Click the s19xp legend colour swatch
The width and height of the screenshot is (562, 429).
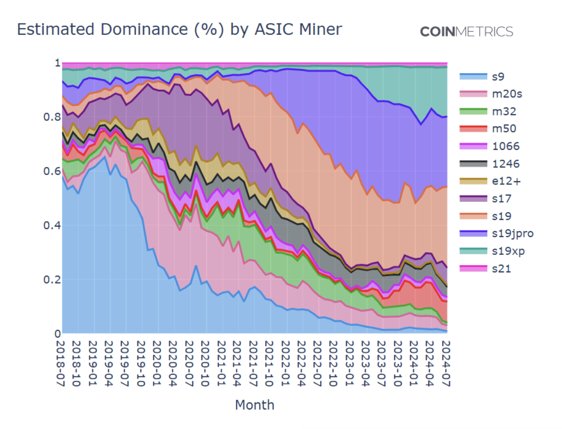(x=473, y=251)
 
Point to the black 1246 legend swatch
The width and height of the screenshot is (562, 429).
(x=473, y=164)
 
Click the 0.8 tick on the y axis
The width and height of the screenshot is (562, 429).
(x=52, y=117)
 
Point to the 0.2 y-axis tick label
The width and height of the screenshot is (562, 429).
(x=52, y=279)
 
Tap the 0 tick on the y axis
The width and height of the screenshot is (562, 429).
(x=57, y=334)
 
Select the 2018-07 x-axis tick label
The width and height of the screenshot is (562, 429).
(x=60, y=363)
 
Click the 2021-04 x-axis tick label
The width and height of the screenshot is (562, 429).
(x=237, y=363)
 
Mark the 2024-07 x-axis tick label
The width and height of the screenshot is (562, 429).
(x=446, y=363)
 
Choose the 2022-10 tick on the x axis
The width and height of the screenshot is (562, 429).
(x=333, y=363)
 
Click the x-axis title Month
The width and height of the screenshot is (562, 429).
(x=254, y=405)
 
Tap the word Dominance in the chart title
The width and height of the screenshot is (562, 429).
(x=144, y=29)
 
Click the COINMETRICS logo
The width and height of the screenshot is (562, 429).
(x=466, y=32)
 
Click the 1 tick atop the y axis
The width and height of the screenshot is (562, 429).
(x=57, y=63)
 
